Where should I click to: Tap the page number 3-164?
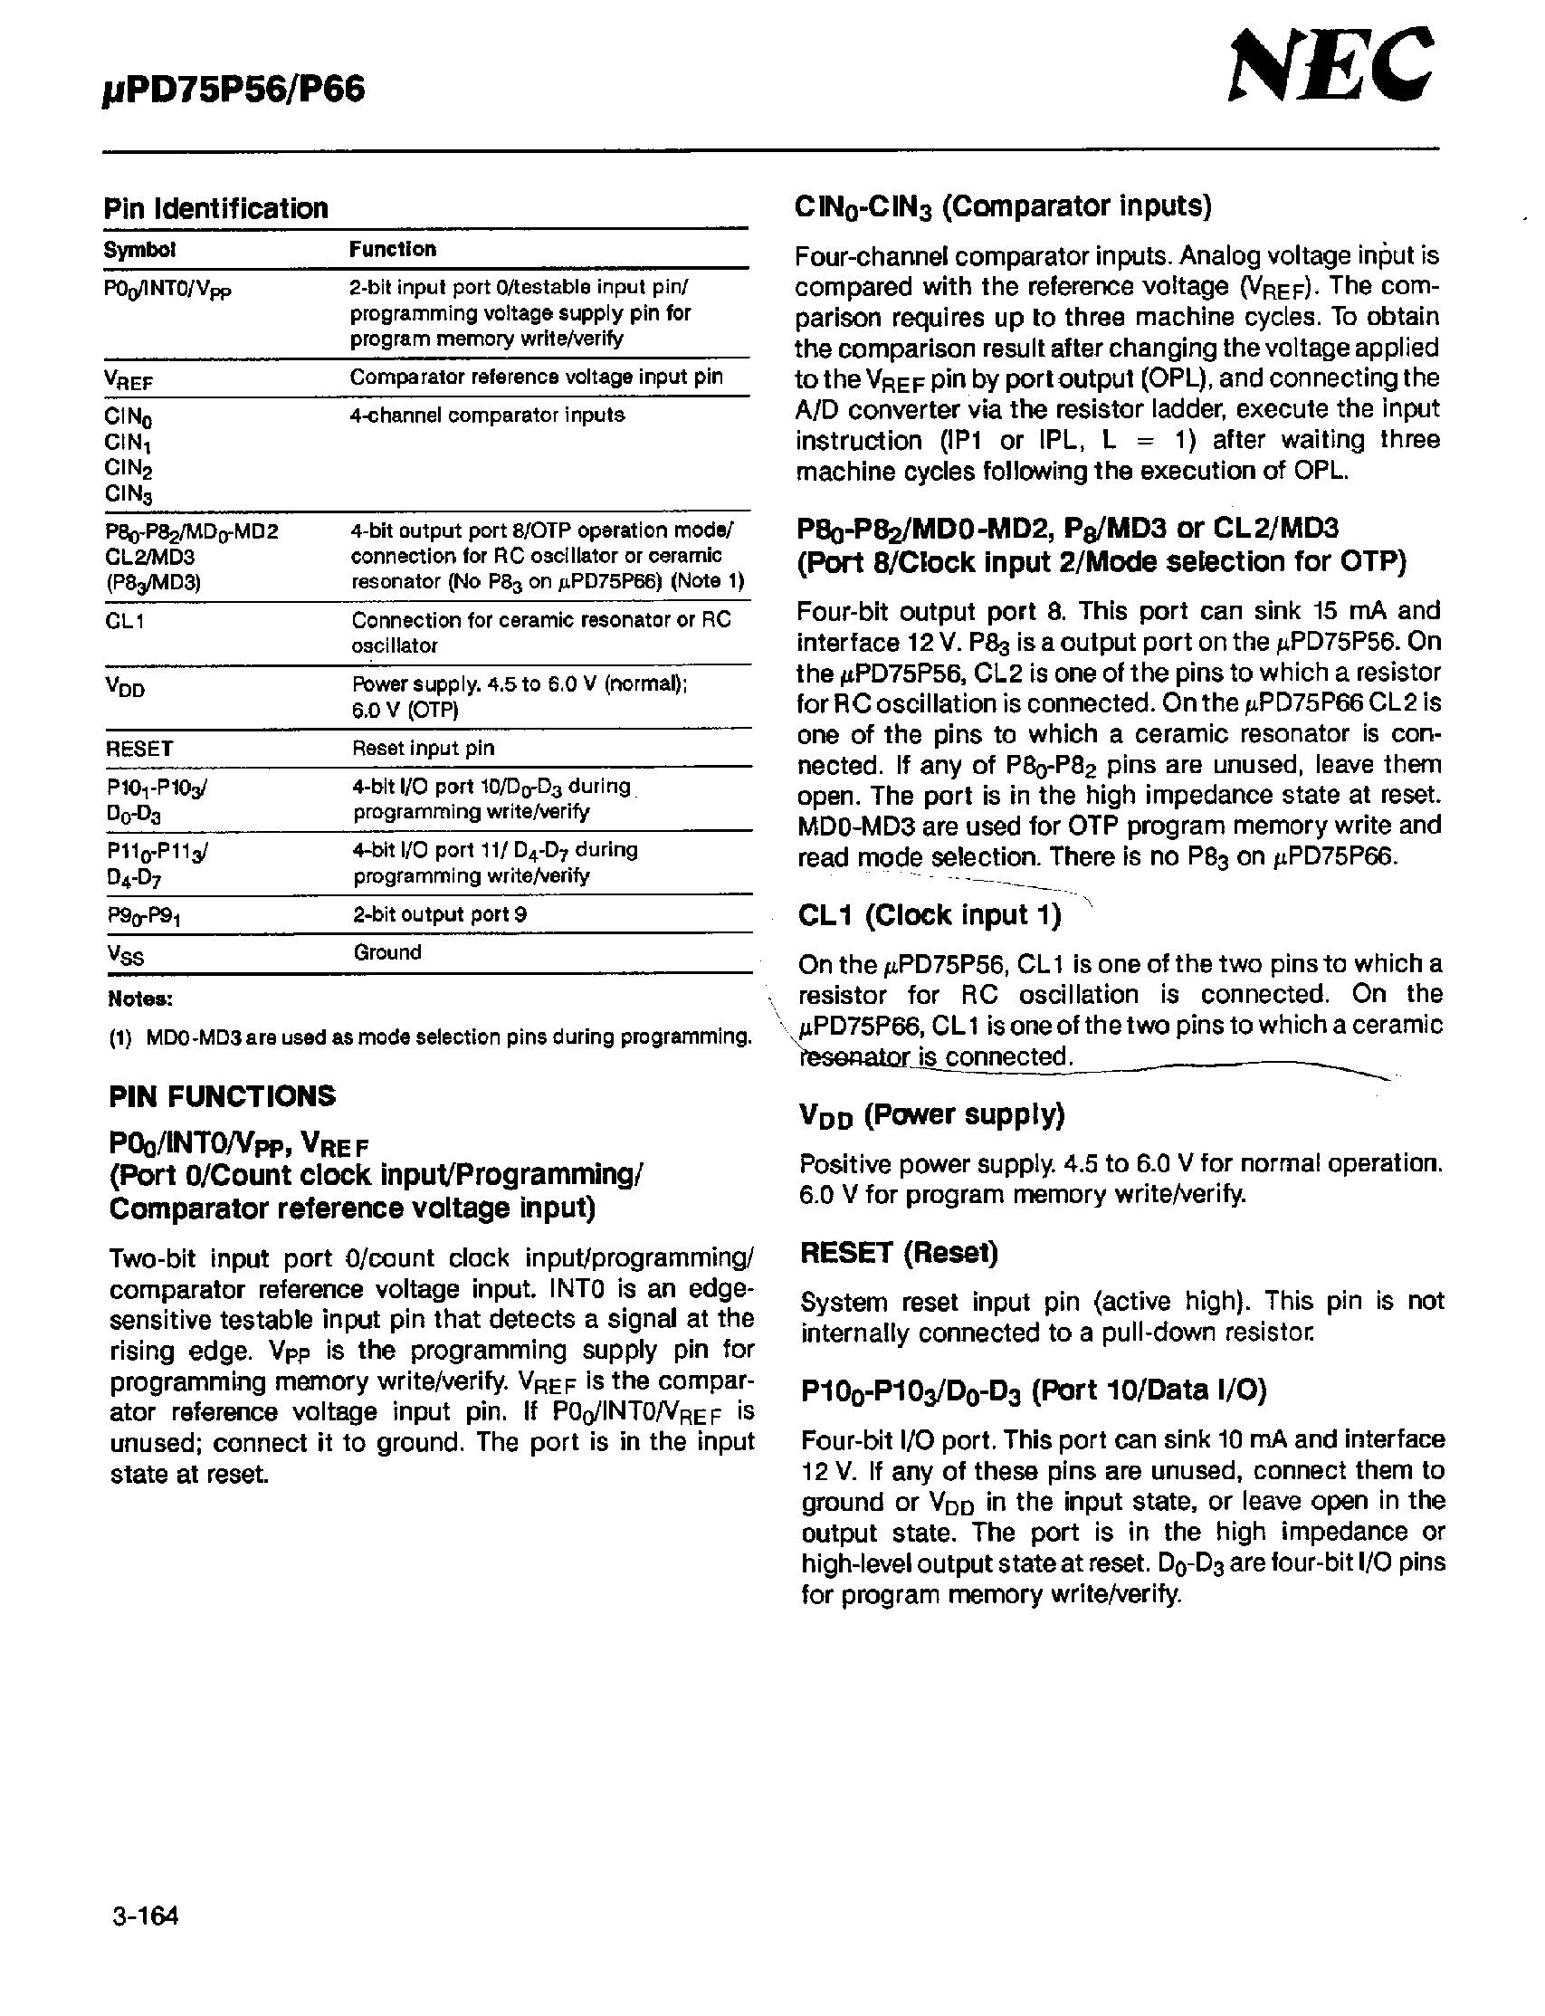[145, 1916]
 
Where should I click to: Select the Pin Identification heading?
[215, 209]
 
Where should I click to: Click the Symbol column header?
[138, 250]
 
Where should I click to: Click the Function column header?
[393, 249]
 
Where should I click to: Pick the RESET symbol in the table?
[138, 749]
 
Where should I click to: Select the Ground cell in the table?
[387, 952]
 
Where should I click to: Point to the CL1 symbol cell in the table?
[125, 621]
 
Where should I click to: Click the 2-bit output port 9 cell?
[440, 914]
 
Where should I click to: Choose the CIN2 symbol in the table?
[128, 469]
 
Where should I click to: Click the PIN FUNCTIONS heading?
[222, 1096]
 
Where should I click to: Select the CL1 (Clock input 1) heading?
[929, 915]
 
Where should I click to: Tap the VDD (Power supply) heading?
[930, 1115]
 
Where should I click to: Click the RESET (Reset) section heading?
[899, 1253]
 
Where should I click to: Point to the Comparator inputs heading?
[1003, 206]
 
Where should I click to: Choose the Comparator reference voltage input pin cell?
[536, 377]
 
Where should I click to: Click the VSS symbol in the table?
[125, 956]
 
